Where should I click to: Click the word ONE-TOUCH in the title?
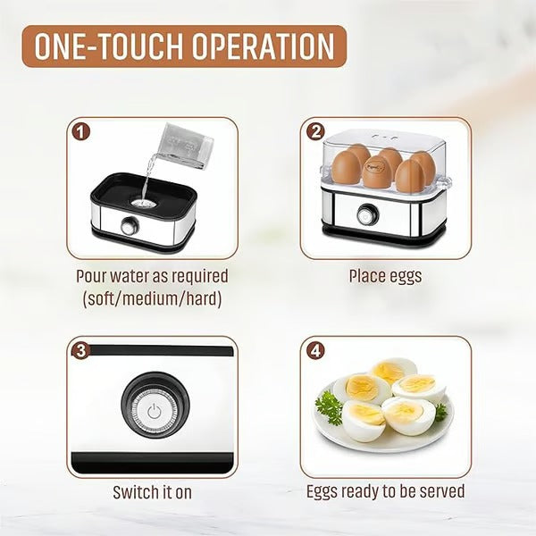[105, 46]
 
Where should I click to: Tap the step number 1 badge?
[81, 131]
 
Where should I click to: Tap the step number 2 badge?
[314, 131]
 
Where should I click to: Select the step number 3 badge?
[81, 350]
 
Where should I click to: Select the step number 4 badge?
[314, 350]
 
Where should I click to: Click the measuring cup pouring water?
[182, 146]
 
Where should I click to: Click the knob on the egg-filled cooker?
[366, 215]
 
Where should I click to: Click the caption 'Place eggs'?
[385, 276]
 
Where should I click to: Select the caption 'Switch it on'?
[152, 491]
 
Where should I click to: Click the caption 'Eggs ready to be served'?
[385, 491]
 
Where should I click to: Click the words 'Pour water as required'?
[152, 276]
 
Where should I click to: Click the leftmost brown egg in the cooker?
[346, 167]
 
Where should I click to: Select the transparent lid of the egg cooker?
[384, 143]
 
